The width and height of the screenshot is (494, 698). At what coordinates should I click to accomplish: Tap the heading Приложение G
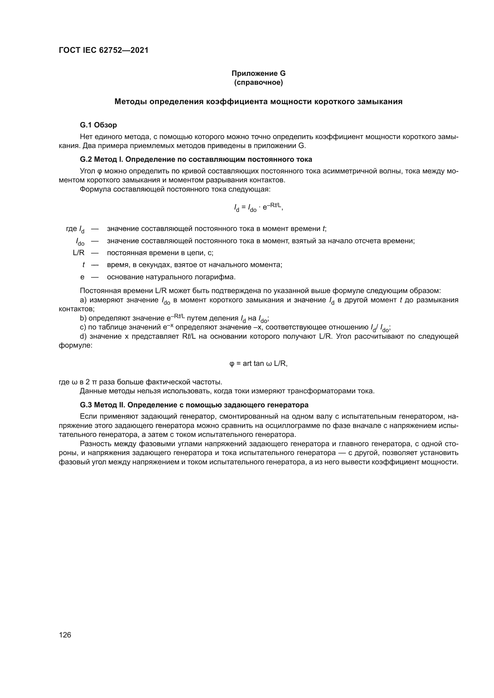pos(259,73)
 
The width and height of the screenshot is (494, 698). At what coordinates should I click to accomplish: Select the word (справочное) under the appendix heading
pos(259,82)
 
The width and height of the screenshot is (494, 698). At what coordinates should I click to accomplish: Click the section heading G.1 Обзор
pos(98,125)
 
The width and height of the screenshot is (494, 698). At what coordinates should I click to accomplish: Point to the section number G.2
pos(86,159)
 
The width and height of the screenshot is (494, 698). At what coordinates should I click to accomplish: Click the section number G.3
pos(86,405)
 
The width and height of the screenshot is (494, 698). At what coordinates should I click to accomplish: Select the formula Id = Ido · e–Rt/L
pos(258,208)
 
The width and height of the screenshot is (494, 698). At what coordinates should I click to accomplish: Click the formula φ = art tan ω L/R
pos(258,363)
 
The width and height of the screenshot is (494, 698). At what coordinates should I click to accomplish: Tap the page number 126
pos(65,635)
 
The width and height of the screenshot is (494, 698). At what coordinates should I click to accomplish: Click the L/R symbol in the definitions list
pos(79,253)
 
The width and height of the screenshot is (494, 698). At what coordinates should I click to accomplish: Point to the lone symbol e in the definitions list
pos(82,277)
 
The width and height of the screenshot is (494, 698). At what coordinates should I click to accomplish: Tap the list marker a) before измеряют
pos(83,301)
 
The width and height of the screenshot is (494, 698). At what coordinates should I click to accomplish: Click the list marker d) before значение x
pos(83,337)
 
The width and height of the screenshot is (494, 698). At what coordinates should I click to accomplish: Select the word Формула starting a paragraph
pos(95,189)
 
